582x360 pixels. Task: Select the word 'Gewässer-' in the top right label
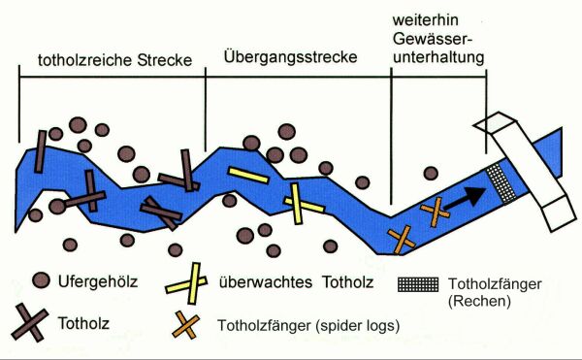[x=438, y=42]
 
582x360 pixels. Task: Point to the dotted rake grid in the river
[x=500, y=180]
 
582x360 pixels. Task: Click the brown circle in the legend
[x=41, y=281]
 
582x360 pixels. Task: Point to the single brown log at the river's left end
[x=41, y=150]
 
